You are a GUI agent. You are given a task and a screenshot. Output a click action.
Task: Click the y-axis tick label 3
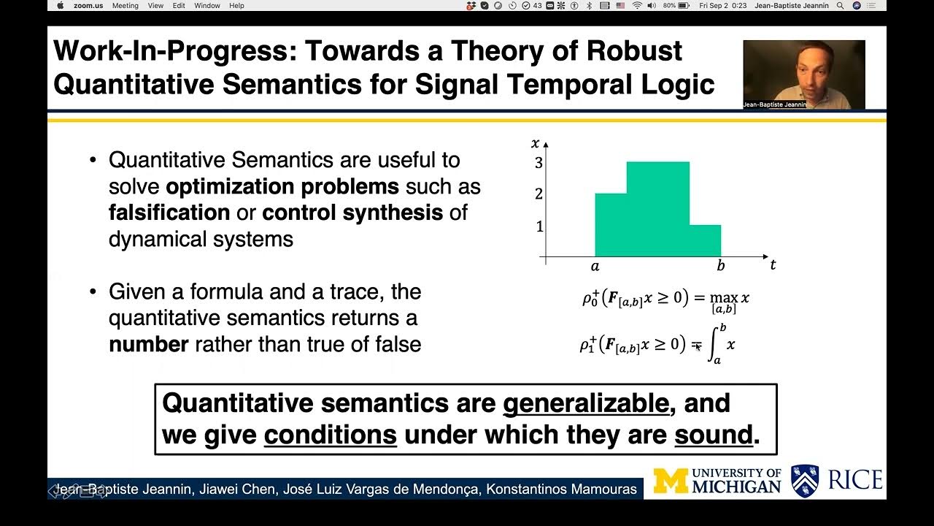tap(539, 163)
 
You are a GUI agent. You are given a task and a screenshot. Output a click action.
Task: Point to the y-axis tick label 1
tap(539, 227)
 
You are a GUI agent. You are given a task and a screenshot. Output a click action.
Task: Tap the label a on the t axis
tap(595, 267)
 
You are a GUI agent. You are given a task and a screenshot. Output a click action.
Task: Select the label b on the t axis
tap(721, 266)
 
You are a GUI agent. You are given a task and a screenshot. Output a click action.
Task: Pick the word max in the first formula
tap(724, 297)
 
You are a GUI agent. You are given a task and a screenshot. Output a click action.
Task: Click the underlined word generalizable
tap(586, 403)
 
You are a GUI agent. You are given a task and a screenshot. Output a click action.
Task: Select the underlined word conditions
tap(330, 435)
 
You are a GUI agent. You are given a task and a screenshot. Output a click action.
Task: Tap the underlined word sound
tap(713, 435)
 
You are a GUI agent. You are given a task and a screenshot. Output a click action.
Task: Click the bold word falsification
tap(169, 213)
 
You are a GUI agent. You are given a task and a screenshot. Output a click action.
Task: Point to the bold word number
tap(148, 344)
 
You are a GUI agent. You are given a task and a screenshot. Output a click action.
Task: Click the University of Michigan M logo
tap(670, 481)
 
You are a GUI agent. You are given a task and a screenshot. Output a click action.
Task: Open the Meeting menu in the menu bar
tap(125, 5)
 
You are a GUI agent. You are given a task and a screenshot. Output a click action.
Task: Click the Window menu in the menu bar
tap(207, 5)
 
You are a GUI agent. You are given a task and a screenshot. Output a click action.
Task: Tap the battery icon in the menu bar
tap(684, 5)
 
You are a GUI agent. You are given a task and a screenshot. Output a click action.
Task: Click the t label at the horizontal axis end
tap(773, 265)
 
